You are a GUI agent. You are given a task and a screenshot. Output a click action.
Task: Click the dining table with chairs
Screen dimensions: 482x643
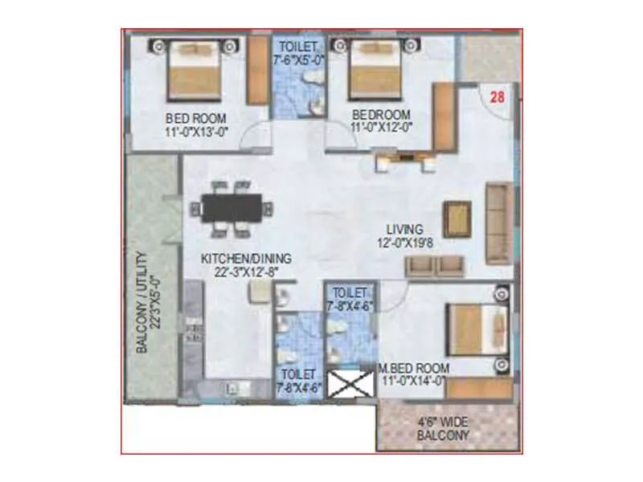(x=230, y=210)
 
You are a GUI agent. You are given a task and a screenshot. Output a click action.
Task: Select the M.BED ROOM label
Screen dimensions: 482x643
(x=415, y=368)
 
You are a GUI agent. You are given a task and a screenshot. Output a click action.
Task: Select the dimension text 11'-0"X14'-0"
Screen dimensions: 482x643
(x=416, y=381)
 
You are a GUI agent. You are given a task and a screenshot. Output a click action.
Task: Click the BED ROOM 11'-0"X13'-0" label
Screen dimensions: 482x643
(x=196, y=121)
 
